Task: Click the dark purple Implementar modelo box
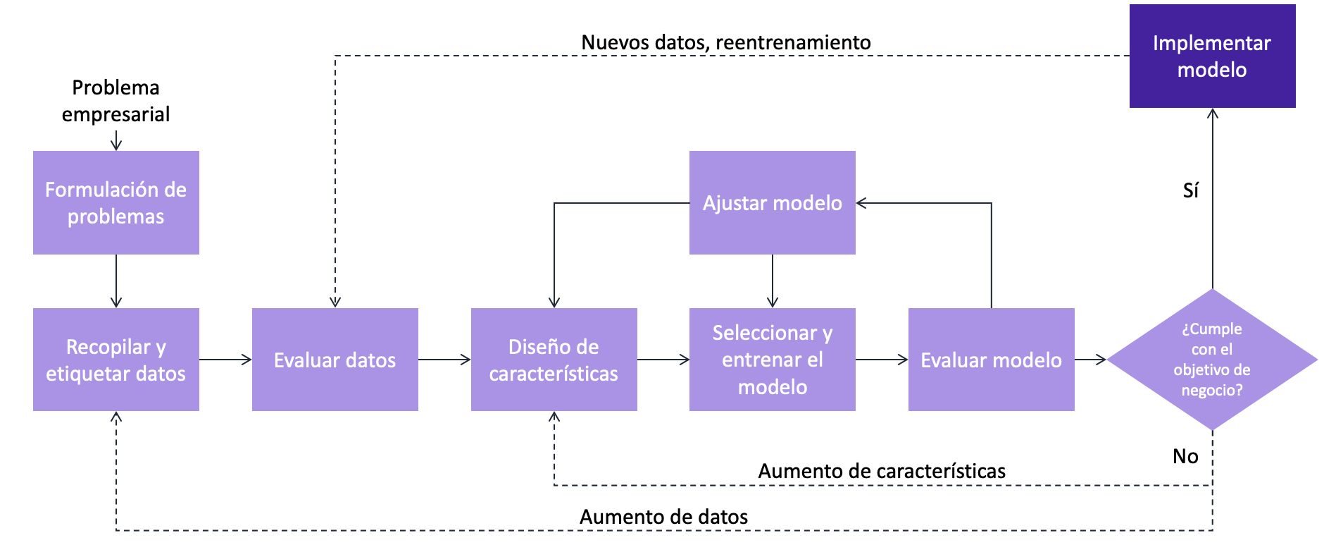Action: point(1212,56)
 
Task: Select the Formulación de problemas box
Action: point(116,203)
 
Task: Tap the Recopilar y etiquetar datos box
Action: point(116,360)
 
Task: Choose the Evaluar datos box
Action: point(335,360)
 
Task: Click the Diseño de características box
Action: point(554,360)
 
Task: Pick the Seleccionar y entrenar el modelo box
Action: point(773,360)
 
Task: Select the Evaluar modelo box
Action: point(991,360)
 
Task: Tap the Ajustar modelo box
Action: point(773,203)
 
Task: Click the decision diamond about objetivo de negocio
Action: point(1212,360)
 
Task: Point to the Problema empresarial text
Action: point(116,101)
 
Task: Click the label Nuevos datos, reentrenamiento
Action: point(726,43)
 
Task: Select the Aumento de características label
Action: point(882,471)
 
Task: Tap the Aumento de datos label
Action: point(663,517)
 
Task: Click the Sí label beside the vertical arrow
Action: point(1190,190)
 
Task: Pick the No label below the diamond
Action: point(1185,456)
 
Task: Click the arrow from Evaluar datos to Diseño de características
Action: point(444,360)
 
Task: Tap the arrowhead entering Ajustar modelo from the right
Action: point(861,203)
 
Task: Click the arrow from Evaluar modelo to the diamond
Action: point(1091,360)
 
